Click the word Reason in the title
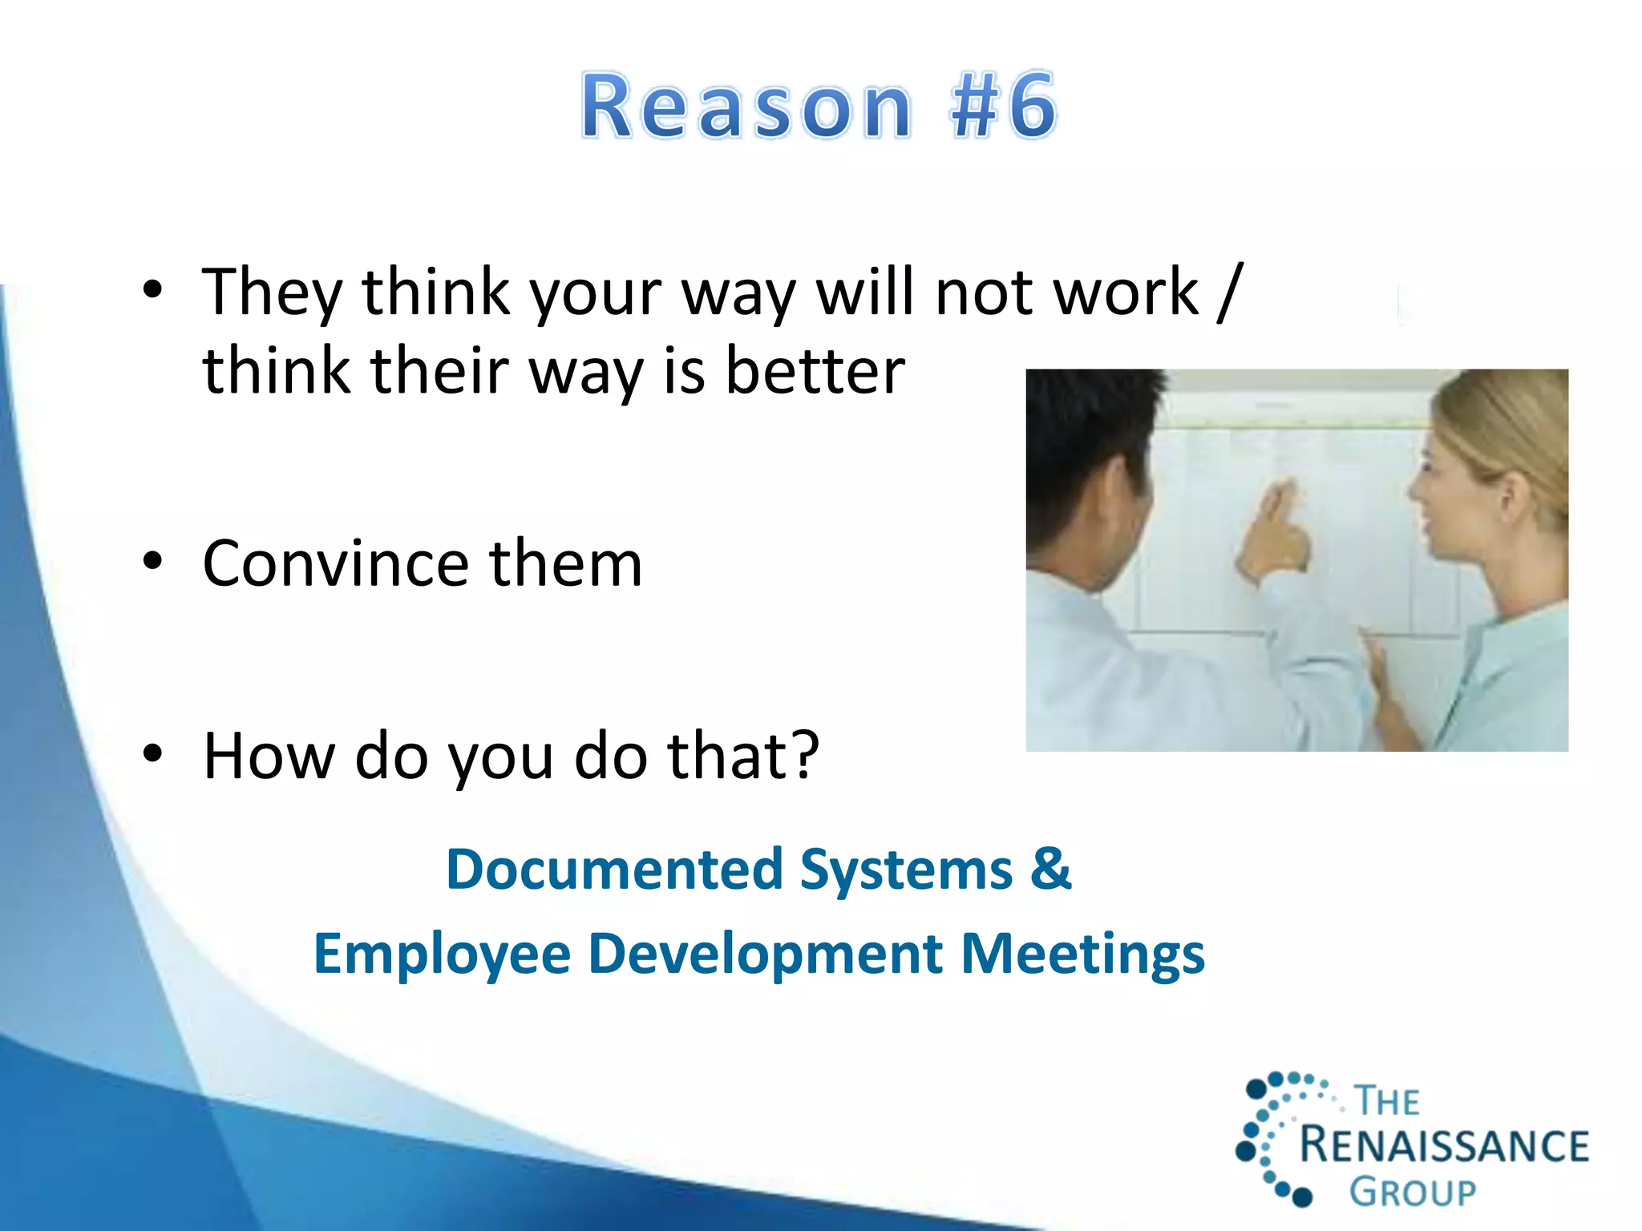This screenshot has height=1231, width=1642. tap(746, 107)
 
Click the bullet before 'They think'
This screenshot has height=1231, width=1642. tap(152, 290)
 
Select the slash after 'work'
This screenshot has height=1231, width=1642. tap(1229, 292)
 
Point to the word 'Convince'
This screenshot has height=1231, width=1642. tap(335, 563)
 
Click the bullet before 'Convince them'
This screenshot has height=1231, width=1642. tap(152, 562)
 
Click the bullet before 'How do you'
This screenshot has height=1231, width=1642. tap(152, 753)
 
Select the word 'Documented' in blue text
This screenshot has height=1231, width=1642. tap(614, 870)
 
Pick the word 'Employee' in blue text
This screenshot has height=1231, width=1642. tap(441, 954)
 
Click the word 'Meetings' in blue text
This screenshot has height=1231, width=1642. tap(1082, 954)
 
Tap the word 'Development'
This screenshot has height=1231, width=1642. tap(765, 954)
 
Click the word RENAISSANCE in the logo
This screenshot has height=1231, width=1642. tap(1443, 1144)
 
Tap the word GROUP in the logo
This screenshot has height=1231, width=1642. tap(1413, 1193)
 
